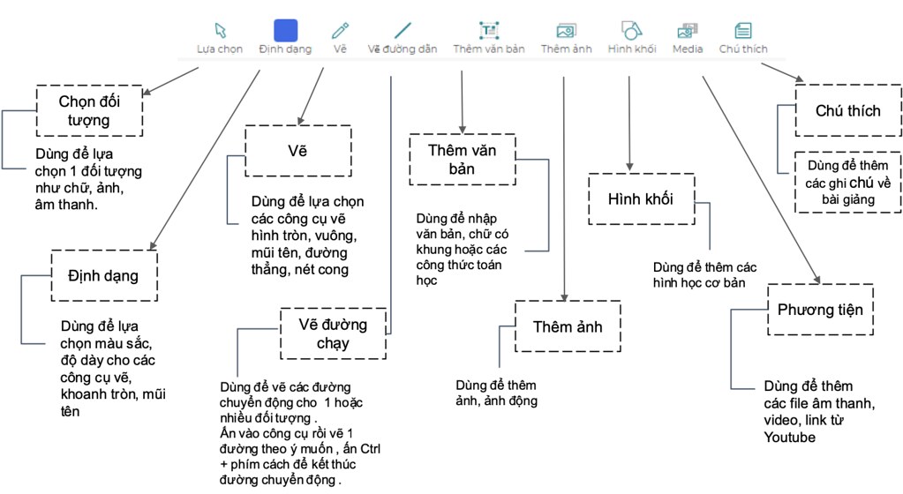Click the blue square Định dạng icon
pyautogui.click(x=285, y=31)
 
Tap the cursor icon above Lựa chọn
pyautogui.click(x=221, y=31)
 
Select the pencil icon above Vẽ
pyautogui.click(x=340, y=31)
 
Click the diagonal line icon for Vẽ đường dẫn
pyautogui.click(x=403, y=31)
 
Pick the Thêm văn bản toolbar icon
pyautogui.click(x=488, y=31)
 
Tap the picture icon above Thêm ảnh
pyautogui.click(x=566, y=31)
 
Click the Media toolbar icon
pyautogui.click(x=688, y=31)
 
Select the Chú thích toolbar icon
pyautogui.click(x=743, y=31)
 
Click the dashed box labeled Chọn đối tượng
pyautogui.click(x=89, y=110)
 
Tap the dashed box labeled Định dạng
pyautogui.click(x=103, y=276)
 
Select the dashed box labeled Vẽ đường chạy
pyautogui.click(x=333, y=333)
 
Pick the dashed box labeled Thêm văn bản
pyautogui.click(x=462, y=159)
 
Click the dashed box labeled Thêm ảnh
pyautogui.click(x=567, y=327)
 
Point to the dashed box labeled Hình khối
pyautogui.click(x=641, y=199)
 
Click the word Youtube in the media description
pyautogui.click(x=789, y=437)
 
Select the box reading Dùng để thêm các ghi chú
pyautogui.click(x=847, y=182)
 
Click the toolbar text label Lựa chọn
pyautogui.click(x=219, y=49)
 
